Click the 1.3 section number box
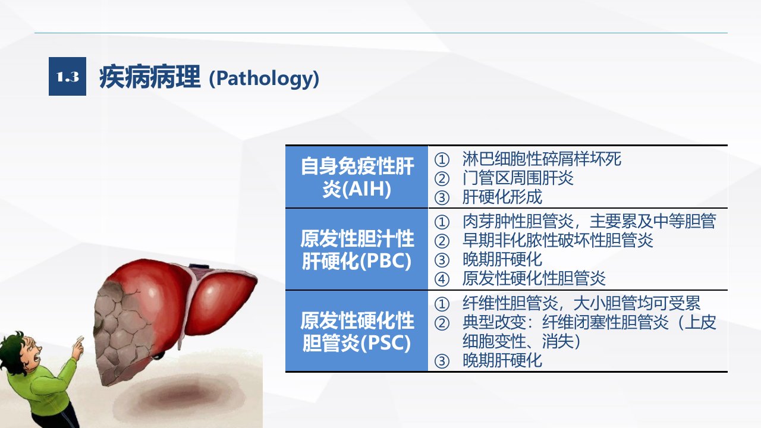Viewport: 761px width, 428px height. point(67,77)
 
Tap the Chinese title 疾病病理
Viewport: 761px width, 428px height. point(149,77)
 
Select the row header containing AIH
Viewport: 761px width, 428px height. point(357,177)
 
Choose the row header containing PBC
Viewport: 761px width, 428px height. point(357,249)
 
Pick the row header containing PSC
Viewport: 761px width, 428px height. point(357,331)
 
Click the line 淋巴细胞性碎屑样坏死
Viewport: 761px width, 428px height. point(542,159)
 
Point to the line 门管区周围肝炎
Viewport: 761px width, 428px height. point(518,178)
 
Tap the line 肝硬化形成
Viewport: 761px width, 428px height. point(502,197)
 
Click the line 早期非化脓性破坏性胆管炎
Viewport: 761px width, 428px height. point(558,241)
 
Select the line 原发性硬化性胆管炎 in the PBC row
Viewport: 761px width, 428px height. point(534,279)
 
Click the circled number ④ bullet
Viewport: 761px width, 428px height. point(442,279)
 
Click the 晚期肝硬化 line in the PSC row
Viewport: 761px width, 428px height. point(502,360)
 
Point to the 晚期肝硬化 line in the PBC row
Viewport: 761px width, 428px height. point(502,260)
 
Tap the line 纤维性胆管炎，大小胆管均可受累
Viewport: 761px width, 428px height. point(581,303)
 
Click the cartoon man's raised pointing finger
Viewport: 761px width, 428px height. point(79,341)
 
